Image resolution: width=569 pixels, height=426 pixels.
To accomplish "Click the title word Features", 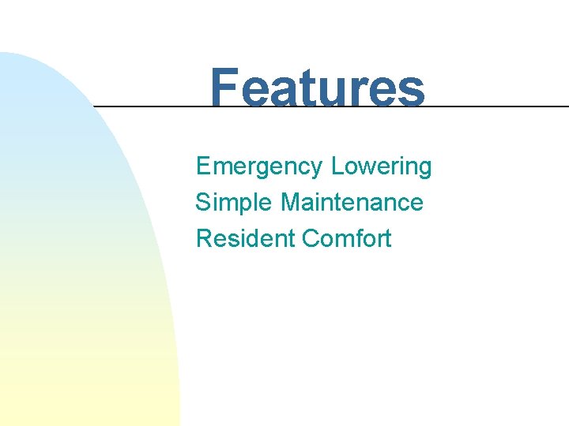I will point(317,87).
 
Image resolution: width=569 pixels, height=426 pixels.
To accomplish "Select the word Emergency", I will point(259,167).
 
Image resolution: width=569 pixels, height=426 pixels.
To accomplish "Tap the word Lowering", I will point(382,167).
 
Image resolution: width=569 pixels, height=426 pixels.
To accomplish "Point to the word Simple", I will point(235,203).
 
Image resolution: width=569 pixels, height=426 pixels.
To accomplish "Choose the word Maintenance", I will point(352,203).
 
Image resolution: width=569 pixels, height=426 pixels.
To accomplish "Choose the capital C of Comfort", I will point(310,238).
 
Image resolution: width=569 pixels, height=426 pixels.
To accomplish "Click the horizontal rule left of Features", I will point(150,106).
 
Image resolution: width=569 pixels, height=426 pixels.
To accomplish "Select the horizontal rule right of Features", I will point(498,106).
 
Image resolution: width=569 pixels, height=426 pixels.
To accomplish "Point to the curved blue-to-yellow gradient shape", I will point(71,276).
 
